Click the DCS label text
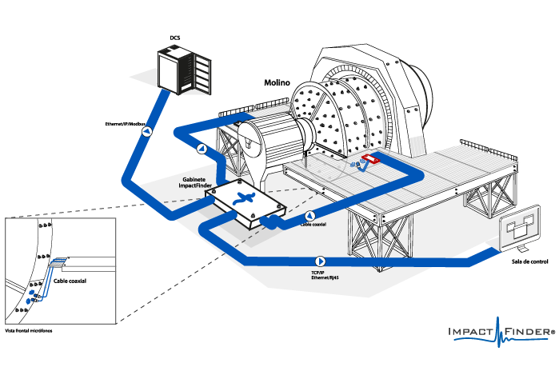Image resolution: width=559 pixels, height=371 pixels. click(x=175, y=38)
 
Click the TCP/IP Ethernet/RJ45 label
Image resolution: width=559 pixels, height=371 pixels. click(x=321, y=276)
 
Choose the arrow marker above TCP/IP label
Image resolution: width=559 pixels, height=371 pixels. click(x=320, y=261)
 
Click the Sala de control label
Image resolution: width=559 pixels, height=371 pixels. click(x=529, y=261)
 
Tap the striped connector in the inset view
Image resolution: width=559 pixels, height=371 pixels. click(x=57, y=264)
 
